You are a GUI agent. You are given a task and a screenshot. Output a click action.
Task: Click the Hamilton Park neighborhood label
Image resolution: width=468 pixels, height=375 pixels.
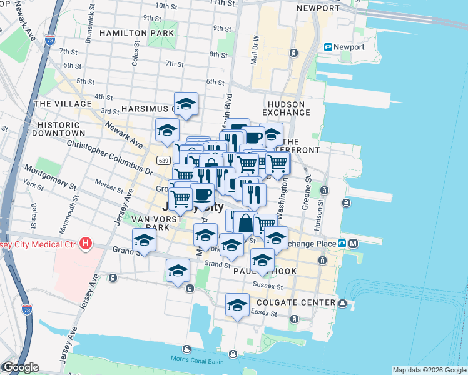(131, 32)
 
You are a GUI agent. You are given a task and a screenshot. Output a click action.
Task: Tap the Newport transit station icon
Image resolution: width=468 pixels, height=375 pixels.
(328, 47)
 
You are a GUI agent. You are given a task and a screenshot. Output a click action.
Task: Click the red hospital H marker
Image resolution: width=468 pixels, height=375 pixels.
(86, 243)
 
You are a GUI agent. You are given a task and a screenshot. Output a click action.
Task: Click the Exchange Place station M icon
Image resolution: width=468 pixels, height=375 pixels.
(354, 243)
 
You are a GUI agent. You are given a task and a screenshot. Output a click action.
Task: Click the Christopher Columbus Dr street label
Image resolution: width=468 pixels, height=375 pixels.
(110, 157)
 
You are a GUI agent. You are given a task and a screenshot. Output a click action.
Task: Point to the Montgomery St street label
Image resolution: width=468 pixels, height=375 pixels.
(50, 177)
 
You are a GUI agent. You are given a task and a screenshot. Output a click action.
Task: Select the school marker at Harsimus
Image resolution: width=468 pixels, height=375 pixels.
(186, 104)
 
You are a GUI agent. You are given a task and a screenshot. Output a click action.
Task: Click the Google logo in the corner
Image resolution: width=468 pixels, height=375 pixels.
(20, 367)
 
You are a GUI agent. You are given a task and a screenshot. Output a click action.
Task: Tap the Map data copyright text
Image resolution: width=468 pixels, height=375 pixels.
(429, 370)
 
